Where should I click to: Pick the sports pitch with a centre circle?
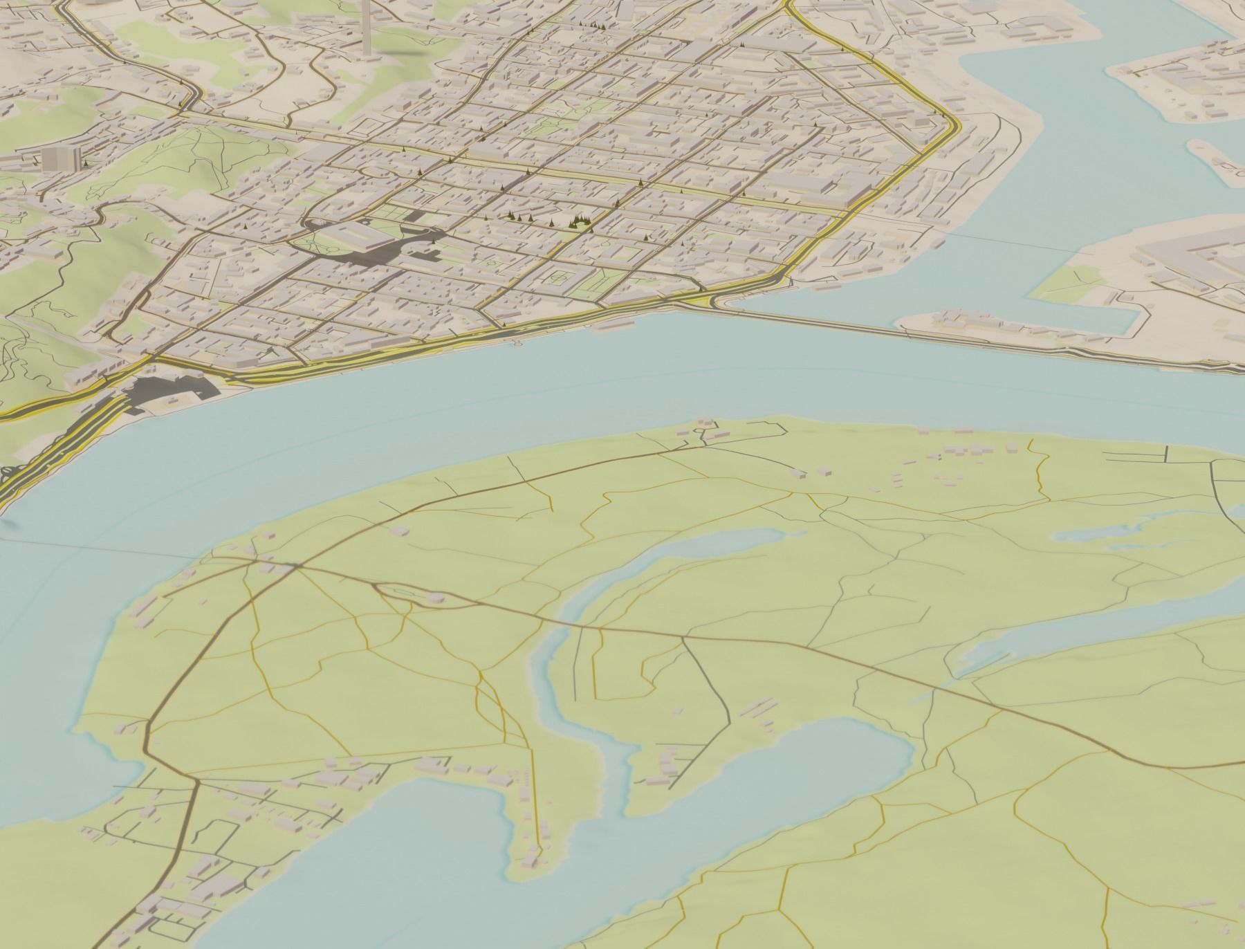[x=560, y=279]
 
